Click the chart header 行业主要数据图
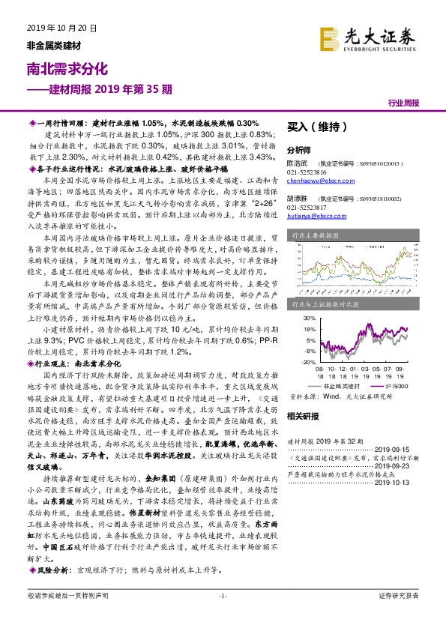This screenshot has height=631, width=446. pyautogui.click(x=313, y=235)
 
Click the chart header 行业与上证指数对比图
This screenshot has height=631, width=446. pyautogui.click(x=319, y=304)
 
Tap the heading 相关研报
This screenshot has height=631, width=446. pyautogui.click(x=304, y=415)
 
